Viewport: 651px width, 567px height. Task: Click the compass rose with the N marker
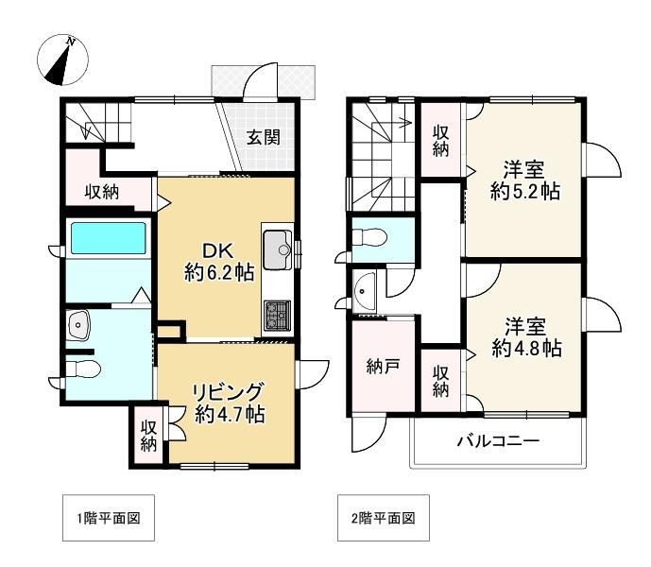tap(62, 60)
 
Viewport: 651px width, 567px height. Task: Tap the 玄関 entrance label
tap(264, 137)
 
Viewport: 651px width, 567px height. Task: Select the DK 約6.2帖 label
tap(219, 262)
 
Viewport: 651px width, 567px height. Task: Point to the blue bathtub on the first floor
tap(109, 238)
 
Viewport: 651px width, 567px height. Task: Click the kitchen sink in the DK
tap(278, 249)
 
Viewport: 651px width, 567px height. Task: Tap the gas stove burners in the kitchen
tap(277, 316)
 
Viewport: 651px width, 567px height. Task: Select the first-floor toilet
tap(83, 369)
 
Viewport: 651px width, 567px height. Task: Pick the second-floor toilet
tap(369, 238)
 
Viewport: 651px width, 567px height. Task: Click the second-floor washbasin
tap(364, 291)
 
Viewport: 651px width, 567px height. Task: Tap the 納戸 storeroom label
tap(383, 367)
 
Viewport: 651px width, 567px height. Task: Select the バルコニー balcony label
tap(498, 440)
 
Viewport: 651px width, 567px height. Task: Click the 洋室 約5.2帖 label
tap(524, 180)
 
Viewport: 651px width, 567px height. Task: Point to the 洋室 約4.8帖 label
tap(526, 337)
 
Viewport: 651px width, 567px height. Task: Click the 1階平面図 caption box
tap(109, 518)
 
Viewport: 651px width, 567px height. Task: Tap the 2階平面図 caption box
tap(384, 518)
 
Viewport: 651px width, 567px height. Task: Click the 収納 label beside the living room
tap(148, 436)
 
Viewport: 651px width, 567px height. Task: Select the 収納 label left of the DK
tap(102, 192)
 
